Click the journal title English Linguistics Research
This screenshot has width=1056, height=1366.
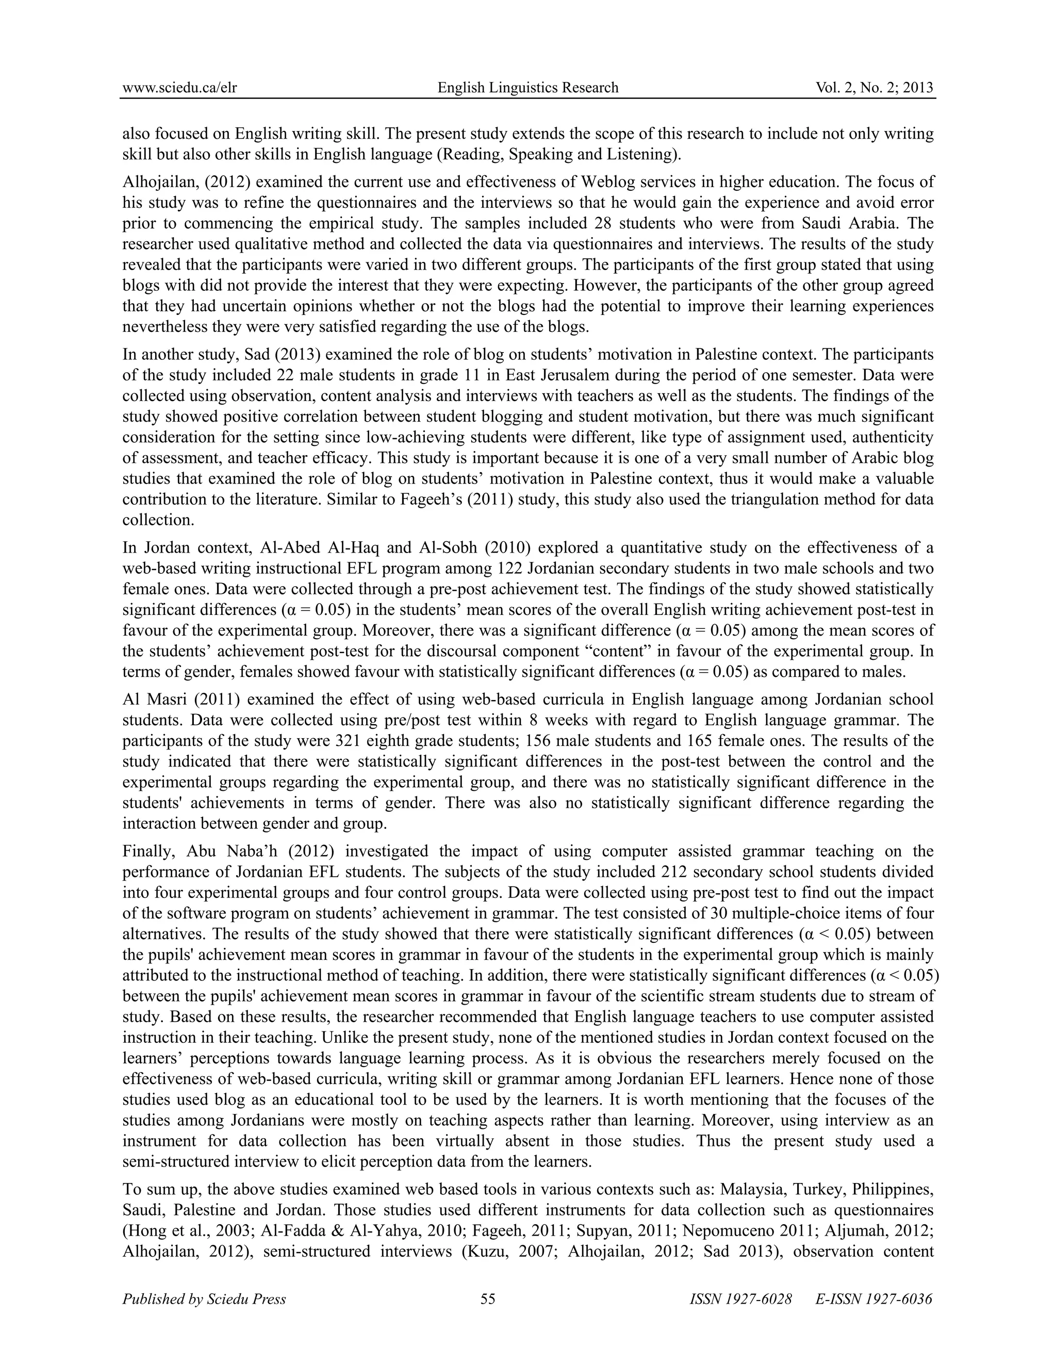coord(527,88)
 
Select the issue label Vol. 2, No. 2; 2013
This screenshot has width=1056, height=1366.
coord(874,88)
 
